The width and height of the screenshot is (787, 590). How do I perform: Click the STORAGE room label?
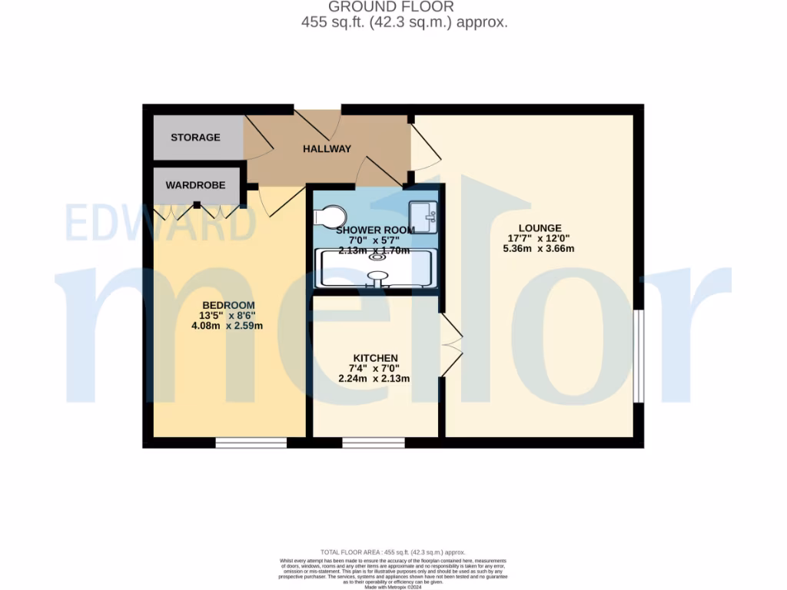[195, 138]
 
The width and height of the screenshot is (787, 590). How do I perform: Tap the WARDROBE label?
[195, 185]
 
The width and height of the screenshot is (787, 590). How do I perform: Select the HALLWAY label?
[327, 149]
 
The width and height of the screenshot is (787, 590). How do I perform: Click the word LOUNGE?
[540, 228]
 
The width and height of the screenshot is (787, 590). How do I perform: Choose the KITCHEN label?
[375, 358]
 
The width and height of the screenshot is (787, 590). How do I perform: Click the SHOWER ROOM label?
[375, 230]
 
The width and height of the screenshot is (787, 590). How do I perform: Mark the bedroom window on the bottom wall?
[251, 442]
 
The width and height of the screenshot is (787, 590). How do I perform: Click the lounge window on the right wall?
[638, 356]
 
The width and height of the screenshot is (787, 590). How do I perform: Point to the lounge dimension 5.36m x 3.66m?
[540, 249]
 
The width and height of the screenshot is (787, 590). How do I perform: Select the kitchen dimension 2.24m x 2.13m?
[375, 379]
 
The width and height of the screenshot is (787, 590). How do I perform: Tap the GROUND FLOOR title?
[391, 7]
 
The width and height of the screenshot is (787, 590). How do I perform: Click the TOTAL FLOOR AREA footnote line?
[393, 552]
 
